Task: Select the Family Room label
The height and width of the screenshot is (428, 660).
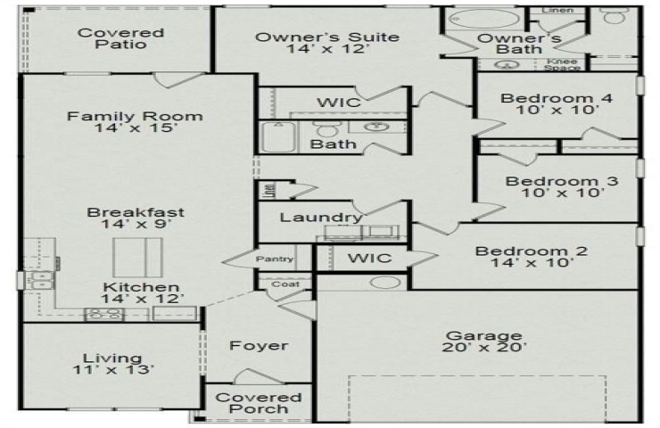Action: pyautogui.click(x=135, y=116)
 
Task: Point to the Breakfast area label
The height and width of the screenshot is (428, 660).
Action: pyautogui.click(x=136, y=213)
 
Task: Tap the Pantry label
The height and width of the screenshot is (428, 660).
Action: pyautogui.click(x=274, y=259)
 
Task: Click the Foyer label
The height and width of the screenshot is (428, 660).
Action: pyautogui.click(x=259, y=346)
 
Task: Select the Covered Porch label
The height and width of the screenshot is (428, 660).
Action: pyautogui.click(x=259, y=403)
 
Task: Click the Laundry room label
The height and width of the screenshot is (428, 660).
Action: pyautogui.click(x=320, y=218)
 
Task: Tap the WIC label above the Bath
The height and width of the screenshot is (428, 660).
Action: pyautogui.click(x=338, y=103)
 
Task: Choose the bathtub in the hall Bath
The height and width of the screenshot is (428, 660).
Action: pyautogui.click(x=281, y=139)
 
